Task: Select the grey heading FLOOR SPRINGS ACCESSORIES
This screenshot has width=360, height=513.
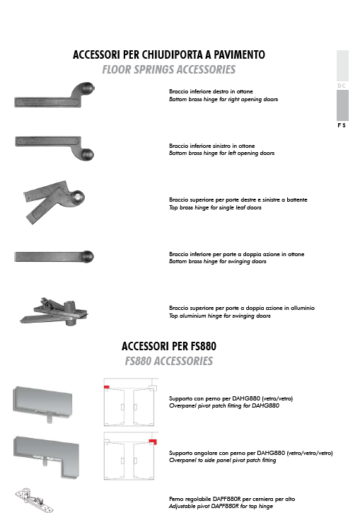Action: (x=169, y=69)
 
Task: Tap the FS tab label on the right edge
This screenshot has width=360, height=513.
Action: (x=342, y=125)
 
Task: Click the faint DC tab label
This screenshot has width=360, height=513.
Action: (x=342, y=86)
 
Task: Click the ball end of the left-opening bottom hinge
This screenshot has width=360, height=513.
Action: (x=87, y=154)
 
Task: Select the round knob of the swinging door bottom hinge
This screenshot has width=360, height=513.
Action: (x=88, y=256)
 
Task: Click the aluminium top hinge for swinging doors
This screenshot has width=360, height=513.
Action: (x=54, y=311)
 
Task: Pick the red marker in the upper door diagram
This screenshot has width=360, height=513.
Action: (x=107, y=387)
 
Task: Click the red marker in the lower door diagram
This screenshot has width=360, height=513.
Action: (x=153, y=442)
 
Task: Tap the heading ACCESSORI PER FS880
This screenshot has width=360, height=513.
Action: (x=169, y=346)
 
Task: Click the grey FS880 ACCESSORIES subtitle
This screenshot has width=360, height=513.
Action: (x=169, y=361)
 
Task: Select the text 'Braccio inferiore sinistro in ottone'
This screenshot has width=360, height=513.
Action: (x=212, y=146)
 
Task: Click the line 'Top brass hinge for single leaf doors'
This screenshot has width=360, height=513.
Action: (x=215, y=207)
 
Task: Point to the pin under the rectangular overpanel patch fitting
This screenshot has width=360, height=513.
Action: (x=50, y=418)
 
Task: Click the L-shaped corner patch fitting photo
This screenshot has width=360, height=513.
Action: (x=46, y=457)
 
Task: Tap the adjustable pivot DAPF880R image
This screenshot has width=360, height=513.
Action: (x=34, y=500)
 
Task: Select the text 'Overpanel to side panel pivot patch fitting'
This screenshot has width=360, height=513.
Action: (x=222, y=461)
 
